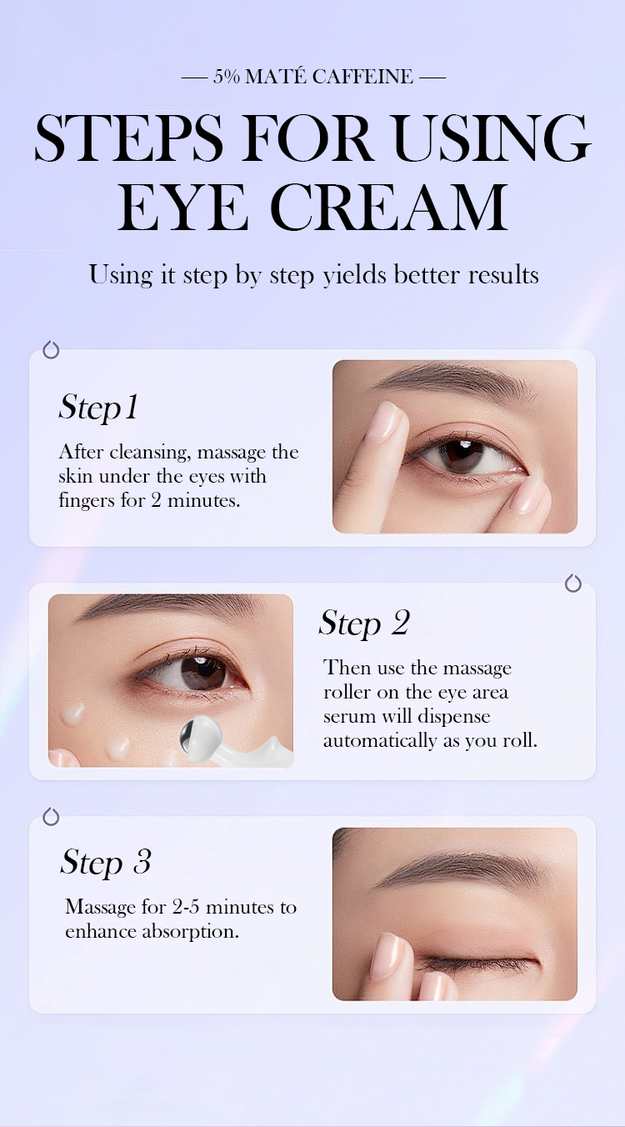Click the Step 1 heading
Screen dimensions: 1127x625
98,408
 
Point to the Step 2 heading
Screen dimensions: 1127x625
364,623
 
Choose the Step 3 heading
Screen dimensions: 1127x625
106,862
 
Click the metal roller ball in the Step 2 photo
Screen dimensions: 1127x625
195,734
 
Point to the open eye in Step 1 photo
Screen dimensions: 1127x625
463,455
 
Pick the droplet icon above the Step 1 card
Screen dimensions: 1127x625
51,349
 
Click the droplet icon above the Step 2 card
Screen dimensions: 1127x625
573,583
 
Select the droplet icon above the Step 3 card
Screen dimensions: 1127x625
51,816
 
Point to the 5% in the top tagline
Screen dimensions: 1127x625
226,78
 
